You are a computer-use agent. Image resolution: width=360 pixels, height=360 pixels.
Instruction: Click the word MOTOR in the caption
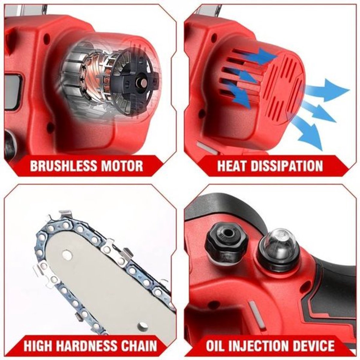120,166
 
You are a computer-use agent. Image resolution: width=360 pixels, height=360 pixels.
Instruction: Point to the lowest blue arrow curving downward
309,132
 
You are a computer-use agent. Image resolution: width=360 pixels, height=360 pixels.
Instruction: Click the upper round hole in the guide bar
65,254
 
